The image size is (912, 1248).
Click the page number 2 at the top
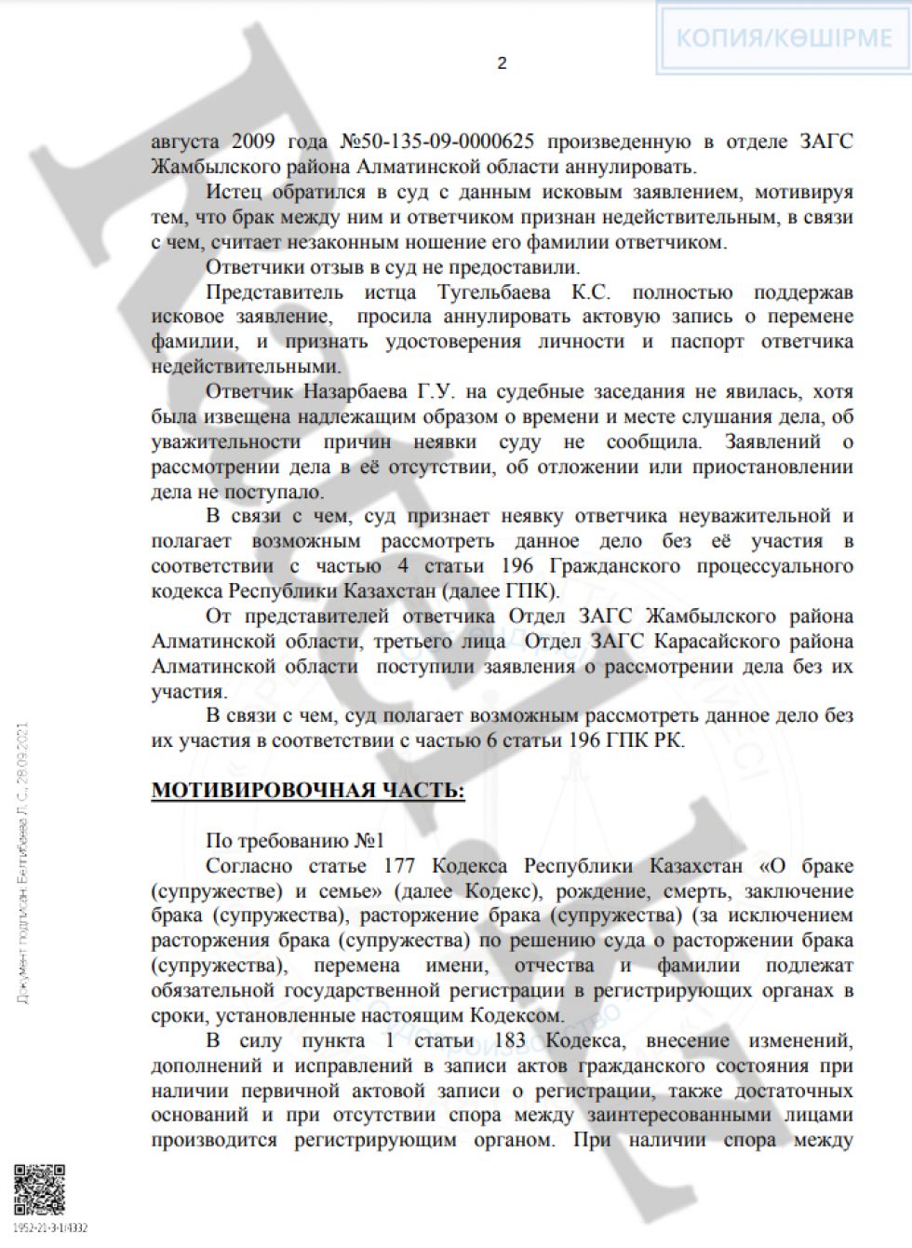(x=503, y=63)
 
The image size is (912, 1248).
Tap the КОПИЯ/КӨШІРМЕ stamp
(x=784, y=38)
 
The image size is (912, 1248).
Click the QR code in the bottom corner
(x=39, y=1189)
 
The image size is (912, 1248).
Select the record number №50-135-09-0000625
(x=437, y=142)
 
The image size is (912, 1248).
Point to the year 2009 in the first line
(x=253, y=142)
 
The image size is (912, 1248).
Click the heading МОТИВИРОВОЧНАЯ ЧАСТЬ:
(x=308, y=791)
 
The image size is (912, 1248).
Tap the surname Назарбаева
(x=360, y=392)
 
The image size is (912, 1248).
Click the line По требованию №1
(x=294, y=841)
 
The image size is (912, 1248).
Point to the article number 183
(x=511, y=1040)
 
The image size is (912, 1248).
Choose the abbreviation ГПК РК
(x=647, y=741)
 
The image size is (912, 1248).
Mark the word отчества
(x=554, y=966)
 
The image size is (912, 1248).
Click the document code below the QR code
(x=50, y=1228)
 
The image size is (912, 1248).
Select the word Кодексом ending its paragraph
(x=515, y=1016)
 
